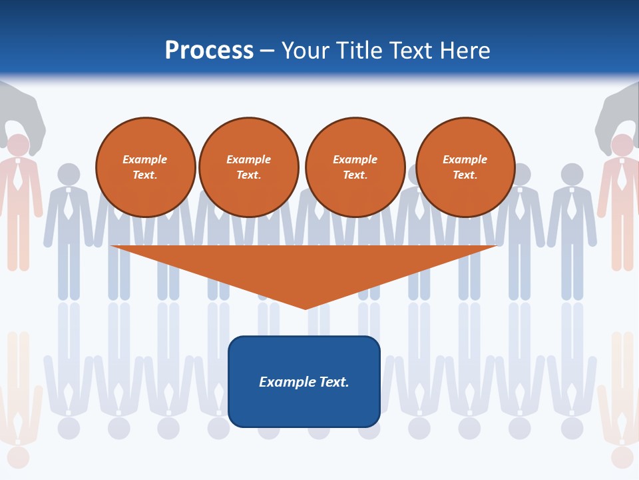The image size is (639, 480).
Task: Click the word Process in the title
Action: tap(209, 51)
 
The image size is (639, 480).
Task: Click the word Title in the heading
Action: tap(357, 51)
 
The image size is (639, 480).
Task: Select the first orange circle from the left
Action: tap(146, 167)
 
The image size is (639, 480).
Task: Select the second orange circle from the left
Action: tap(249, 167)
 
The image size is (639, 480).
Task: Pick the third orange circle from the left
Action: tap(355, 167)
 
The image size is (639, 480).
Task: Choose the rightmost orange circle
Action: tap(465, 167)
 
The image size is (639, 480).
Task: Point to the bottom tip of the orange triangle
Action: tap(306, 308)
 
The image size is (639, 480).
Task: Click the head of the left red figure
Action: tap(18, 145)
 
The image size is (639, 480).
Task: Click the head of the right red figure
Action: tap(622, 145)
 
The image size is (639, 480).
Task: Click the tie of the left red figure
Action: tap(18, 177)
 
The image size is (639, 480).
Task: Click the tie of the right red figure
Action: tap(622, 177)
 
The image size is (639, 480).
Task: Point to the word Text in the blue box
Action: tap(331, 382)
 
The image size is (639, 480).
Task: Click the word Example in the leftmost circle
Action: tap(145, 159)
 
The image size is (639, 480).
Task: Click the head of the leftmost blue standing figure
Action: tap(69, 174)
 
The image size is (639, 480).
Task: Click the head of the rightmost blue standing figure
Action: tap(572, 174)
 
